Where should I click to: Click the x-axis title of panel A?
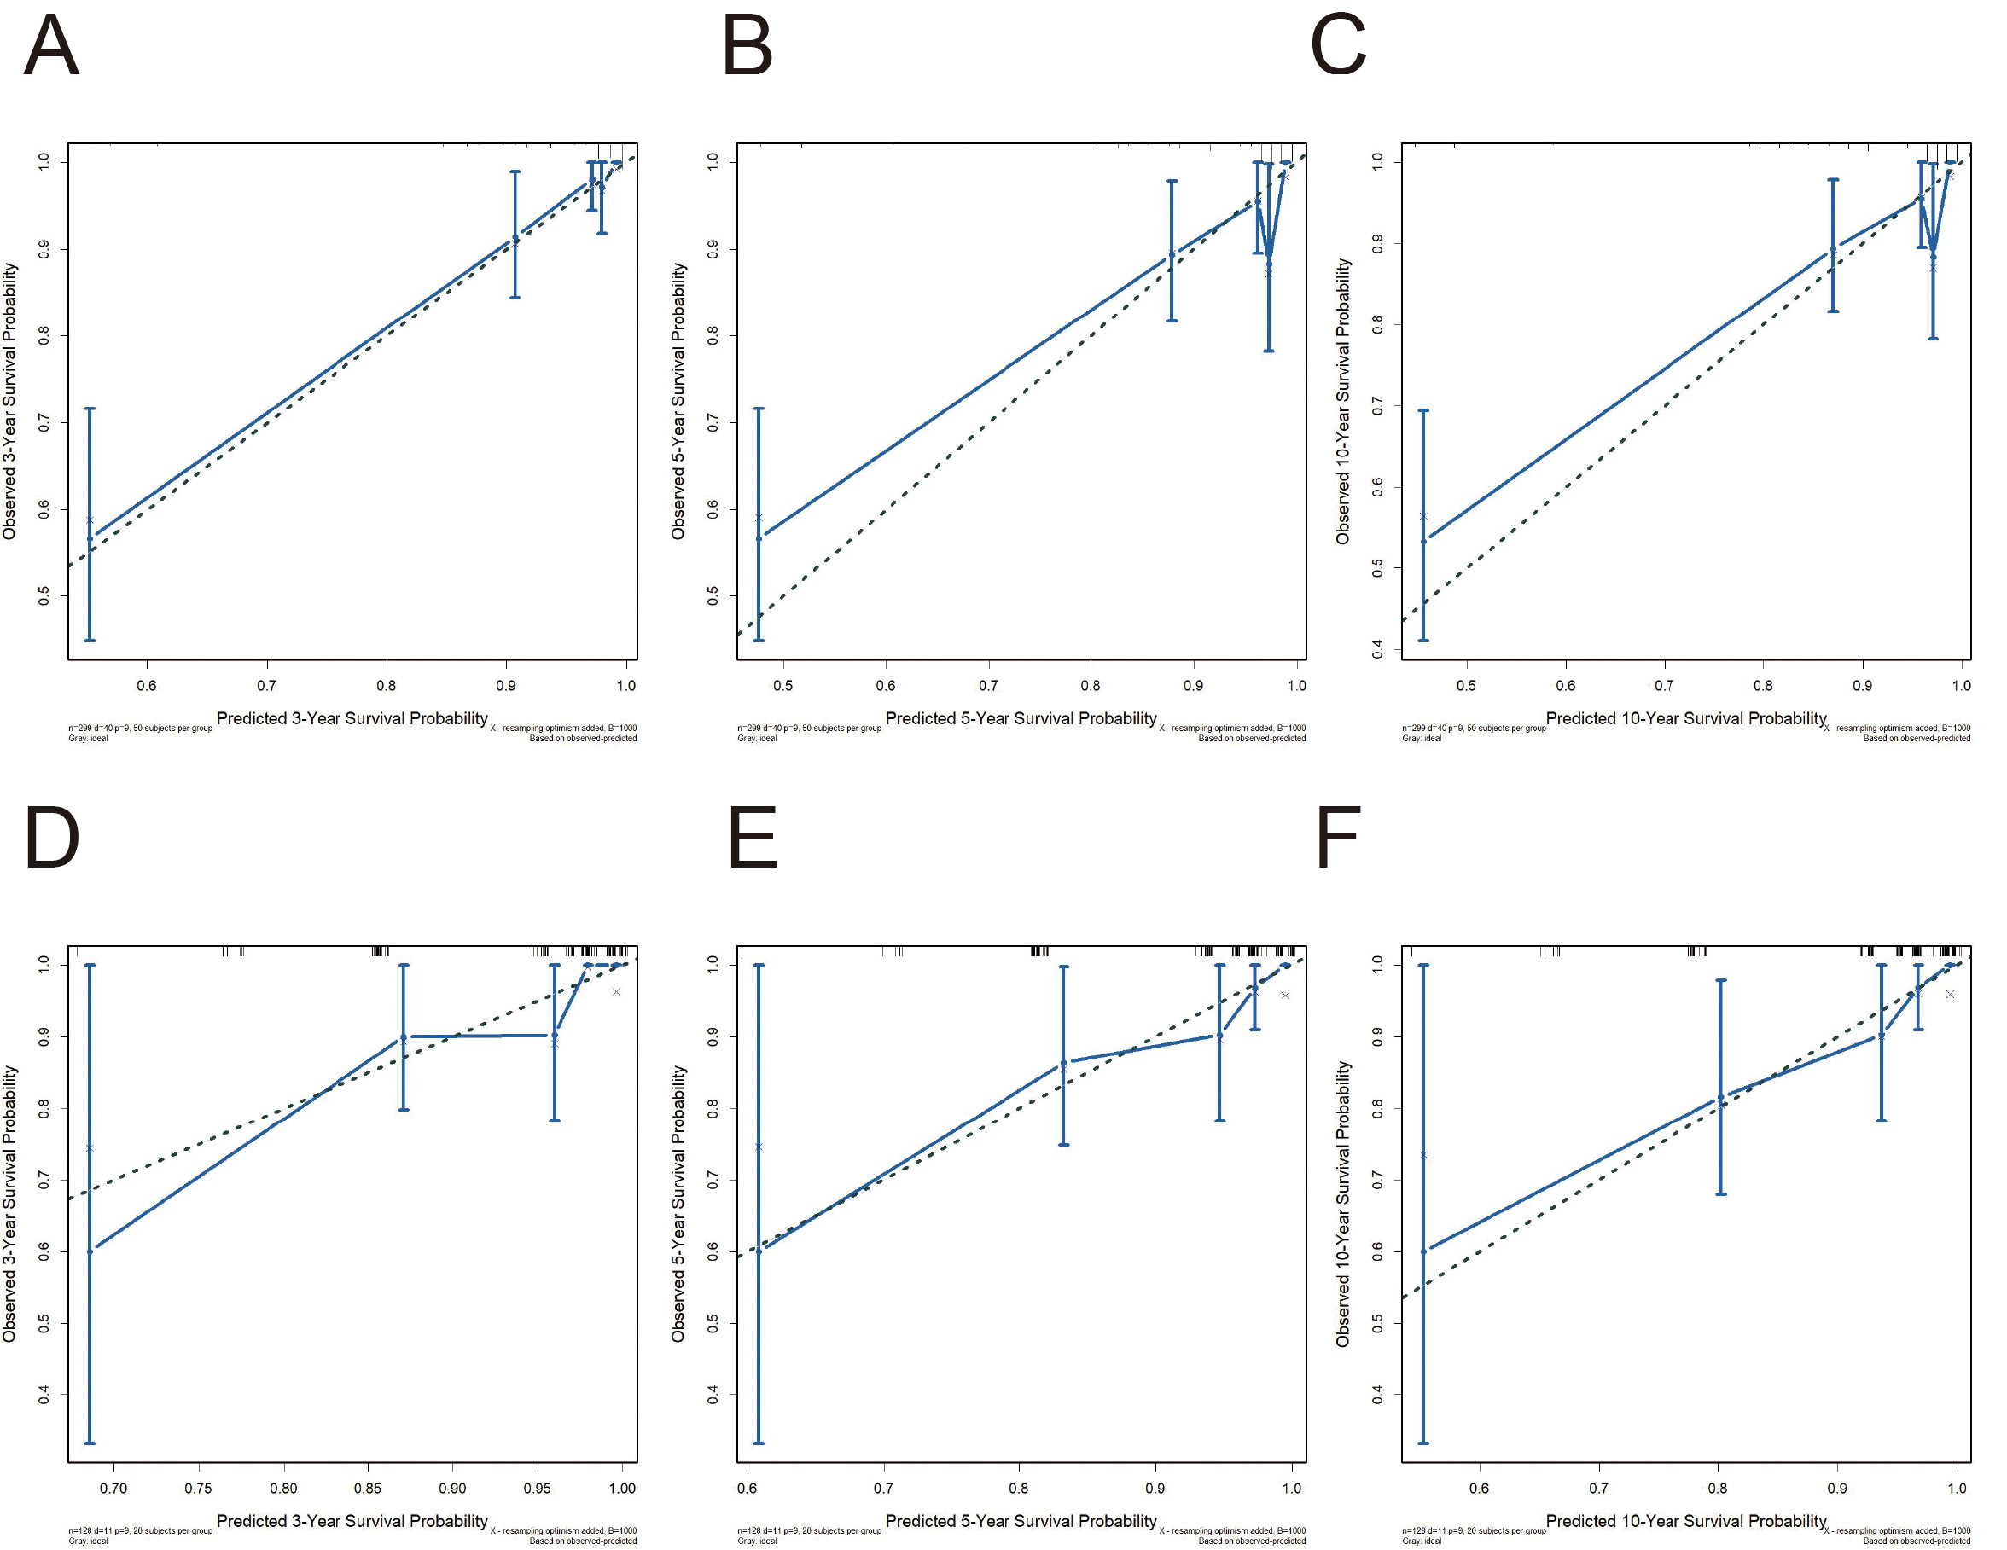click(x=352, y=718)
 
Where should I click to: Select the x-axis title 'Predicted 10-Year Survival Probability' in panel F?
click(x=1686, y=1521)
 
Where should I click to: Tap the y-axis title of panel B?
click(x=678, y=402)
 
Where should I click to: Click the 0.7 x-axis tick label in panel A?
click(x=266, y=685)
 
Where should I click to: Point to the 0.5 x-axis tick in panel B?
click(x=783, y=685)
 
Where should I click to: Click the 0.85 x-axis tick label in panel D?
click(x=368, y=1488)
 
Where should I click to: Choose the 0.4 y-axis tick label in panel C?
click(x=1377, y=649)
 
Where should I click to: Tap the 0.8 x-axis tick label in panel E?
click(x=1019, y=1488)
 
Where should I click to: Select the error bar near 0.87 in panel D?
click(x=404, y=1036)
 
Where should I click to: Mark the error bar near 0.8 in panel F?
click(x=1721, y=1087)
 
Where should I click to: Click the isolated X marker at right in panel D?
click(x=617, y=991)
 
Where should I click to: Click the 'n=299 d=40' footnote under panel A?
click(x=140, y=728)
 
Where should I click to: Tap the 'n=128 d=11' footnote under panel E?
click(x=809, y=1530)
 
